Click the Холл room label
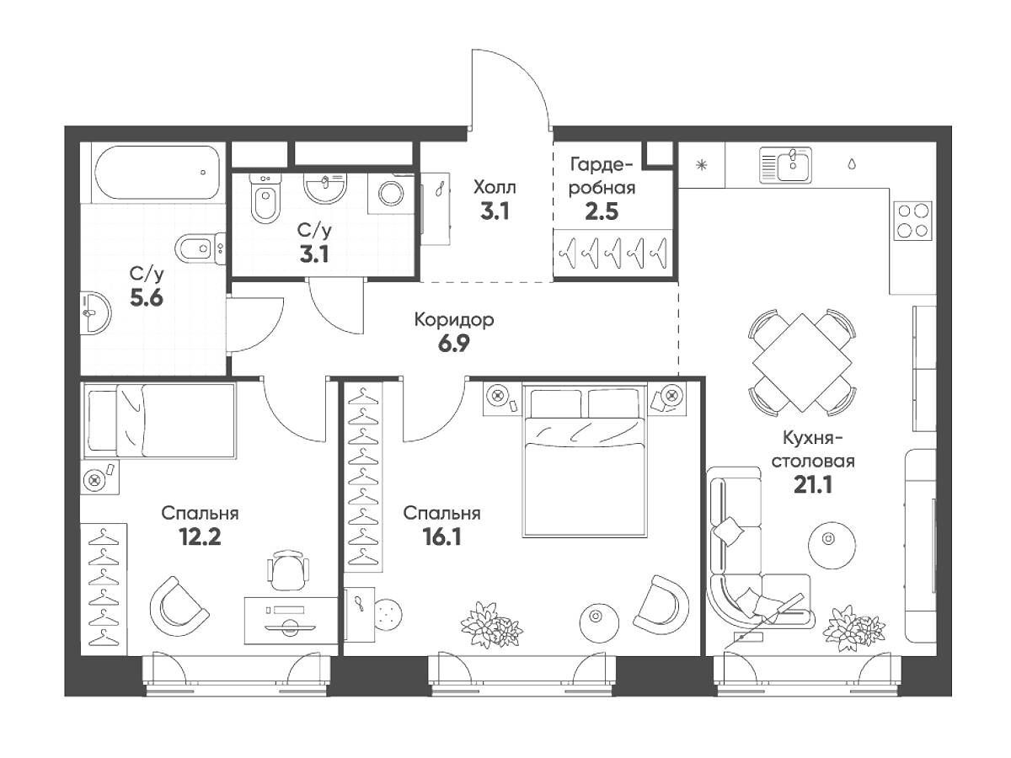(x=495, y=188)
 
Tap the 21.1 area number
(x=813, y=485)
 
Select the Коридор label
(x=454, y=319)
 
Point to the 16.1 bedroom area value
(x=441, y=537)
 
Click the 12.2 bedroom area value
(x=201, y=536)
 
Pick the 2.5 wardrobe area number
(x=602, y=212)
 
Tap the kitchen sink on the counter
(x=786, y=165)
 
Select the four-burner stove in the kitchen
(x=913, y=221)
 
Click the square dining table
(x=802, y=362)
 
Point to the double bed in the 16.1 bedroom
(x=585, y=460)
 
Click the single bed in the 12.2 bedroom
(x=159, y=420)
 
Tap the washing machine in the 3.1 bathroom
(x=391, y=194)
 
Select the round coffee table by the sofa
(x=832, y=545)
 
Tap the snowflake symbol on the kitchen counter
(x=702, y=165)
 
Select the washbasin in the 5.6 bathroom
(x=95, y=312)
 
